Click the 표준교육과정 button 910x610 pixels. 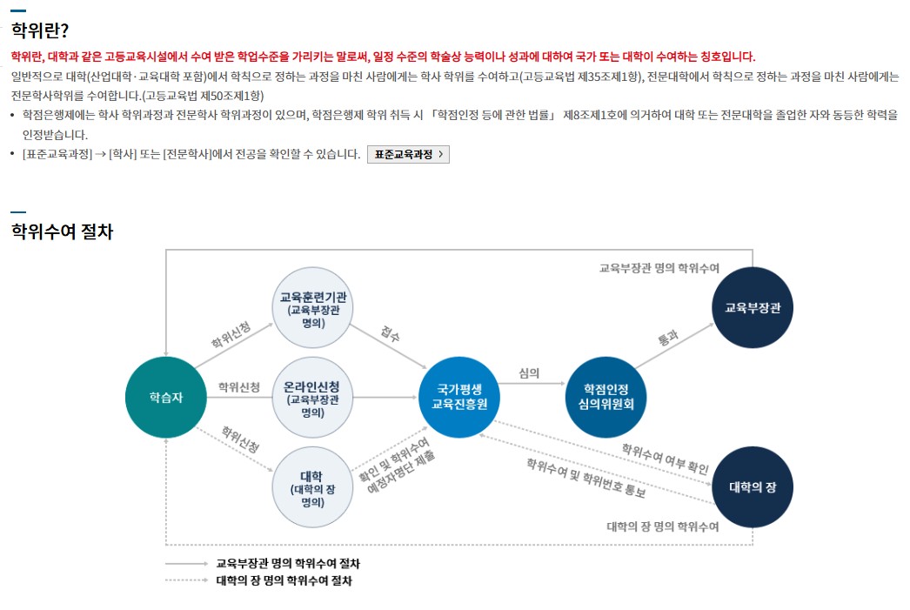pyautogui.click(x=408, y=154)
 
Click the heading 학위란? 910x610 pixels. pyautogui.click(x=40, y=31)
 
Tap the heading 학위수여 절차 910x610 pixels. pyautogui.click(x=62, y=232)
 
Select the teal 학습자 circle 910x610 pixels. pyautogui.click(x=165, y=397)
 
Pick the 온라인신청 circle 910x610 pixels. pyautogui.click(x=313, y=397)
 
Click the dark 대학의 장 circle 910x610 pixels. pyautogui.click(x=753, y=487)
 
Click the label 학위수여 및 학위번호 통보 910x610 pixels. pyautogui.click(x=585, y=477)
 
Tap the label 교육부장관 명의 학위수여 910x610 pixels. pyautogui.click(x=659, y=268)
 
